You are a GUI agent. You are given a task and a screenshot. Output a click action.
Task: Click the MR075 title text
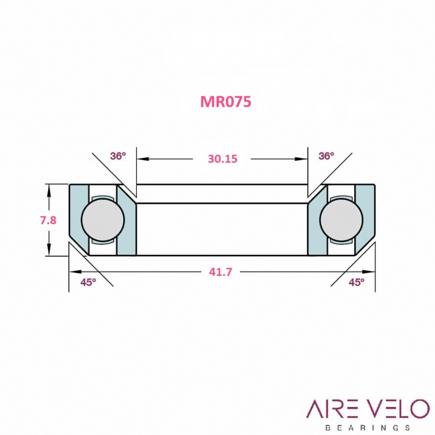coord(226,101)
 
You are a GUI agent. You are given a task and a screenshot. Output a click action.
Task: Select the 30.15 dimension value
coord(222,159)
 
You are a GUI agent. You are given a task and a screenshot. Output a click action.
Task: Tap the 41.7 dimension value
coord(220,272)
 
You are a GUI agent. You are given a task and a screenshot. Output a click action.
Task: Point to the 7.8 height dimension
coord(48,220)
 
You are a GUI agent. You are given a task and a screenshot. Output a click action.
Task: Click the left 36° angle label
coord(118,156)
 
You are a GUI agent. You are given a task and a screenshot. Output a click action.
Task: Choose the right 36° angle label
coord(326,156)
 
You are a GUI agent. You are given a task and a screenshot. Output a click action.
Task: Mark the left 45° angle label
coord(88,282)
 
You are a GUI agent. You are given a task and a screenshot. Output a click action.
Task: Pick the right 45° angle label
coord(357,282)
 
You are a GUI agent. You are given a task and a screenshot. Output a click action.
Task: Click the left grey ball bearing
coord(102,219)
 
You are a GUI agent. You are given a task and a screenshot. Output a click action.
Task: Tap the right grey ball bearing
coord(341,219)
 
